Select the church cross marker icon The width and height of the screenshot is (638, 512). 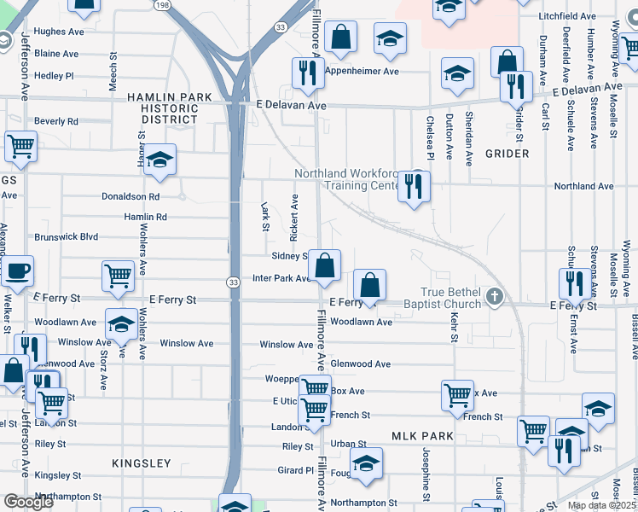[x=493, y=298]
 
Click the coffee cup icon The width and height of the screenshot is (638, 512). [x=16, y=272]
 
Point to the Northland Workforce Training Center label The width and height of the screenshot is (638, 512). [x=347, y=179]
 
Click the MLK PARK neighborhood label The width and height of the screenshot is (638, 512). [x=422, y=436]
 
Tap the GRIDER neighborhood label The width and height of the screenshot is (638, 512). [x=507, y=154]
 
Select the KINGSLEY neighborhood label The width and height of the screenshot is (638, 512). [x=142, y=463]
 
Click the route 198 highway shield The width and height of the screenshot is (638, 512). [x=161, y=4]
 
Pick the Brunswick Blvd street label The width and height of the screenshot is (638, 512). [x=67, y=237]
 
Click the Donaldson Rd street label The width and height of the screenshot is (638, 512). [x=130, y=196]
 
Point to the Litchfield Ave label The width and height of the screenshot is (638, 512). [x=567, y=16]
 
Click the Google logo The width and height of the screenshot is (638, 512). [x=27, y=502]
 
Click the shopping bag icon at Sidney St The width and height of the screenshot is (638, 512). [x=325, y=265]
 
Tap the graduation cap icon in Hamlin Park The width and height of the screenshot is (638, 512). [x=159, y=160]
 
